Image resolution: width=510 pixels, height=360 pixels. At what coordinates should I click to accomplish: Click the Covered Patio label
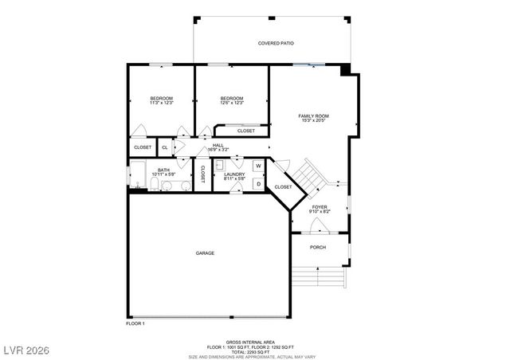[x=276, y=43]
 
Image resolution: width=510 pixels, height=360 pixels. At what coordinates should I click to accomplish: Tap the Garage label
[x=205, y=253]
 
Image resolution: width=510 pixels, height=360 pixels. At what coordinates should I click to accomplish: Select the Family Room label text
[x=313, y=116]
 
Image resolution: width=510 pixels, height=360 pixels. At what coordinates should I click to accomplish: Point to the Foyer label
[x=320, y=207]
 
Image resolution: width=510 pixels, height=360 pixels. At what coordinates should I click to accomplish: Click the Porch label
[x=318, y=247]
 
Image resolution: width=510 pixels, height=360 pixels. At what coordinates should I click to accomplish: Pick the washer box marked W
[x=258, y=166]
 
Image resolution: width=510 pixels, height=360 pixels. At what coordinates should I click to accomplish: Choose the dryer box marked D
[x=258, y=183]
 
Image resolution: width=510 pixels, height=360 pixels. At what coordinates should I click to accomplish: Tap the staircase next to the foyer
[x=306, y=174]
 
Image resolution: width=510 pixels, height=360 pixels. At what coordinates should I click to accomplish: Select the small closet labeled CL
[x=165, y=147]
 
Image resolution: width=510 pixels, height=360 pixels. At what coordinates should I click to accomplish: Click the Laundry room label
[x=233, y=174]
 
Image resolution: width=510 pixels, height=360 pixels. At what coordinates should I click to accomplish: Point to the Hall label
[x=218, y=145]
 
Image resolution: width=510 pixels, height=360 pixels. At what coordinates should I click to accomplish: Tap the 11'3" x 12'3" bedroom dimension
[x=161, y=103]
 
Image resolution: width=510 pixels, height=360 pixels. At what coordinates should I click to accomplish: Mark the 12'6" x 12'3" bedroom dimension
[x=231, y=103]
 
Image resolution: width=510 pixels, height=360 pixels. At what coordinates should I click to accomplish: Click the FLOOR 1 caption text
[x=135, y=323]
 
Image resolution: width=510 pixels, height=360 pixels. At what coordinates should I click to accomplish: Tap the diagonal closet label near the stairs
[x=283, y=187]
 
